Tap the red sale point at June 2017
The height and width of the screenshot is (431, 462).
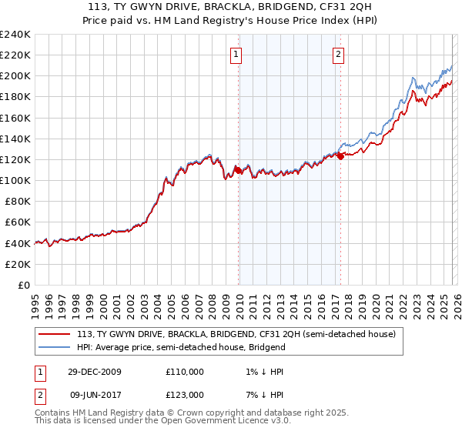click(x=340, y=156)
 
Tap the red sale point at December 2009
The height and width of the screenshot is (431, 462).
click(x=239, y=170)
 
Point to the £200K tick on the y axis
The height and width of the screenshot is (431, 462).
click(x=15, y=76)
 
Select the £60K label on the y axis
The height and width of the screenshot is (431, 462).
click(x=18, y=222)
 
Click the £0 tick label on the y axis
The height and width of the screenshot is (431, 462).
click(x=23, y=285)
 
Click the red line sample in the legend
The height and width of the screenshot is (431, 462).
click(x=54, y=335)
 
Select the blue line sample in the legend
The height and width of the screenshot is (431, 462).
click(x=54, y=347)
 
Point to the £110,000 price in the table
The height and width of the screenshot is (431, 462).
click(x=185, y=372)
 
